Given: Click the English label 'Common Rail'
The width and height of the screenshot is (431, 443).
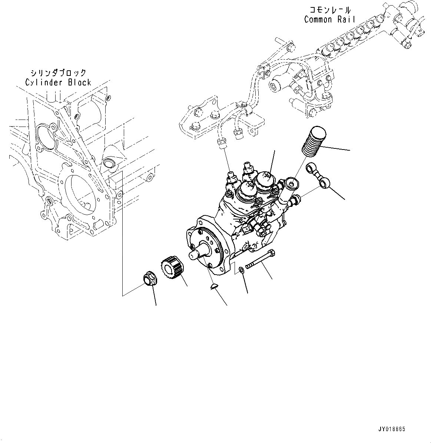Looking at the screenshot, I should [329, 20].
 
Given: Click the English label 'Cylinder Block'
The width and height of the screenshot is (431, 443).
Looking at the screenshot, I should [58, 82].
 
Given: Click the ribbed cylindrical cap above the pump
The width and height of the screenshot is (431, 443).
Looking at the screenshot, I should [314, 142].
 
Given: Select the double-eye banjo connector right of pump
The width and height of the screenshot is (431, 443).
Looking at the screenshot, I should [318, 175].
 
